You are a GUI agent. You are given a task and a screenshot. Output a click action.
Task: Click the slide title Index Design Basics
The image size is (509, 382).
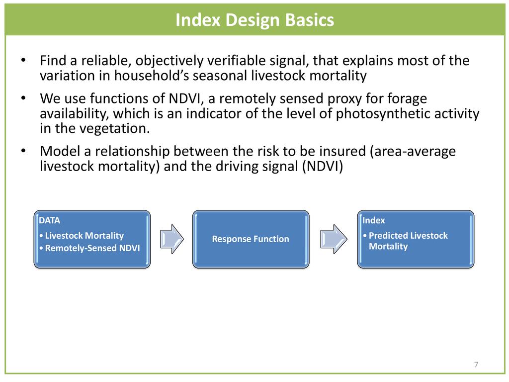coord(254,20)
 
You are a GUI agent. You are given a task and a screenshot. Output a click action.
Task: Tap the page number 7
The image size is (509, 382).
coord(476,365)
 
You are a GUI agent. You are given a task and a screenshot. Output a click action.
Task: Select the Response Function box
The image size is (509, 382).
coord(251,239)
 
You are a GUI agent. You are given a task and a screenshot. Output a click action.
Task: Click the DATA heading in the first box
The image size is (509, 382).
coord(49,220)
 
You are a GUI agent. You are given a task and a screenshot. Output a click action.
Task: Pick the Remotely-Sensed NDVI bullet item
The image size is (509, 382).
coord(89,248)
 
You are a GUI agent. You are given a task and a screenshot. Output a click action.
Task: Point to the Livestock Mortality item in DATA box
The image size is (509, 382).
coord(82,235)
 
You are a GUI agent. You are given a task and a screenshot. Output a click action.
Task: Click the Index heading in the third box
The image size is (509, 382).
coord(374,220)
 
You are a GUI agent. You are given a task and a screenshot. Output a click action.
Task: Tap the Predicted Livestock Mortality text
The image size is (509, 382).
coord(406,241)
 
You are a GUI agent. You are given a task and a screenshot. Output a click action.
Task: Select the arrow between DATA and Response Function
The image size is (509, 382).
coord(171,239)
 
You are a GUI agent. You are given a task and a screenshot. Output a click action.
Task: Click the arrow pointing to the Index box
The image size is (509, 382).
coord(334,239)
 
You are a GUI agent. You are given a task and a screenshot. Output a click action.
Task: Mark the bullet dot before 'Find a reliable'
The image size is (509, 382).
coord(23,60)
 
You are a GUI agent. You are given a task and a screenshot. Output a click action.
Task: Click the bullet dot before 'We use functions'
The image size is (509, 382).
coord(23,98)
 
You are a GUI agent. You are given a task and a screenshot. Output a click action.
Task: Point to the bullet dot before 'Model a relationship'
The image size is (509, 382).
coord(23,151)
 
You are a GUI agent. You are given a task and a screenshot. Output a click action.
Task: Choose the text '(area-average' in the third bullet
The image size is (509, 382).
coord(413,152)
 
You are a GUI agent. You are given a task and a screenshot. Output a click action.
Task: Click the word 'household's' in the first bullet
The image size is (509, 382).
coord(151,76)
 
